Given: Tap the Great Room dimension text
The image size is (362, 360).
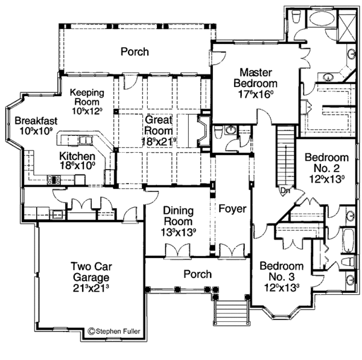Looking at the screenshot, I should tap(158, 140).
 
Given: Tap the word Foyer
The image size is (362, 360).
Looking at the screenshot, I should tap(232, 210).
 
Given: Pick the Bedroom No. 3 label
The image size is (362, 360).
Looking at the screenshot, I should tap(281, 277).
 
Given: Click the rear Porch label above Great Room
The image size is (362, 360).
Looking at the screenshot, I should tap(134, 52).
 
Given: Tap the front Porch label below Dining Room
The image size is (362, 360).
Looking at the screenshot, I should tap(198, 274).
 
